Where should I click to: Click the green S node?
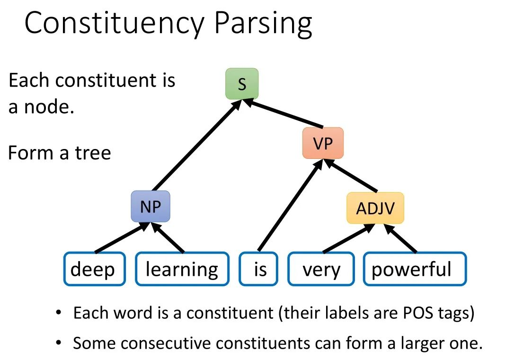[x=242, y=84]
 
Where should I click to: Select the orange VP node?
[x=323, y=143]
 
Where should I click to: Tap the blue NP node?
[x=151, y=207]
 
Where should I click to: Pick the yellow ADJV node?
[x=375, y=208]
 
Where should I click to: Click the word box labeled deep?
[x=94, y=269]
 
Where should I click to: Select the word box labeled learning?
[x=182, y=269]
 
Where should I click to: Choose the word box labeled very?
[x=321, y=269]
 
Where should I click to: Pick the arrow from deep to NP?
[x=121, y=239]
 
